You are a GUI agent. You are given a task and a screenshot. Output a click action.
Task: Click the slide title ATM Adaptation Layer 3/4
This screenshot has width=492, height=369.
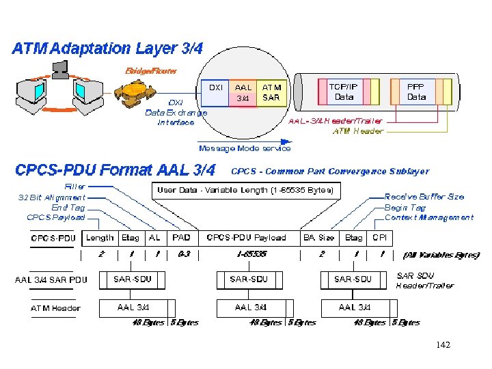107,49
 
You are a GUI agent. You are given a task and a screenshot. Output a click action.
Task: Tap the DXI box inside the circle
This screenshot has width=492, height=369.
216,92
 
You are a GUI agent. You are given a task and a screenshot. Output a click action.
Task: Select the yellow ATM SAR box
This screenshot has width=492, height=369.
271,92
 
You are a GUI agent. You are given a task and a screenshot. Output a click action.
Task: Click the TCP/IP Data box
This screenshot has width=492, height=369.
343,92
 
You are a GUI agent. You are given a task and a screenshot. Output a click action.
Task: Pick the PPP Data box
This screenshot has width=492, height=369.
416,92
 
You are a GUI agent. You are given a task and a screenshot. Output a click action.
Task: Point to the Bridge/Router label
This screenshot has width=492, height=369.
150,70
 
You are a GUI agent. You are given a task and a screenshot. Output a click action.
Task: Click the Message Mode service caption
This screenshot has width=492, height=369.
244,148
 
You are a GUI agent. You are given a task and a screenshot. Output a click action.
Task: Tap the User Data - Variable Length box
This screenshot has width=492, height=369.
245,190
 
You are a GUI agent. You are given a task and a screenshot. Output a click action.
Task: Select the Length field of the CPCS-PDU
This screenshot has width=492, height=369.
100,238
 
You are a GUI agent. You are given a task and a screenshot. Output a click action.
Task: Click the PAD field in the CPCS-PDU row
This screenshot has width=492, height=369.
181,238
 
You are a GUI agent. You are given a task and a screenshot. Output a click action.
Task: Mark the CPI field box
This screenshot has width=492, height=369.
379,238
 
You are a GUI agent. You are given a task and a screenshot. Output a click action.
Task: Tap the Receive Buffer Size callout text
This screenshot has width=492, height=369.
424,197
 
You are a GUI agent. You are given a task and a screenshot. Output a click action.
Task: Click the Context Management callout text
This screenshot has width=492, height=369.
428,217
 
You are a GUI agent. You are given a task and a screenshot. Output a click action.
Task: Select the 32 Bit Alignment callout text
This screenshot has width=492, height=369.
53,197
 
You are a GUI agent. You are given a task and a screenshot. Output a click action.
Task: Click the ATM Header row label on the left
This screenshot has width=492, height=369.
55,308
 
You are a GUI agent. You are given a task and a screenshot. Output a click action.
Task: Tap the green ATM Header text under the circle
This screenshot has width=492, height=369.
358,131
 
